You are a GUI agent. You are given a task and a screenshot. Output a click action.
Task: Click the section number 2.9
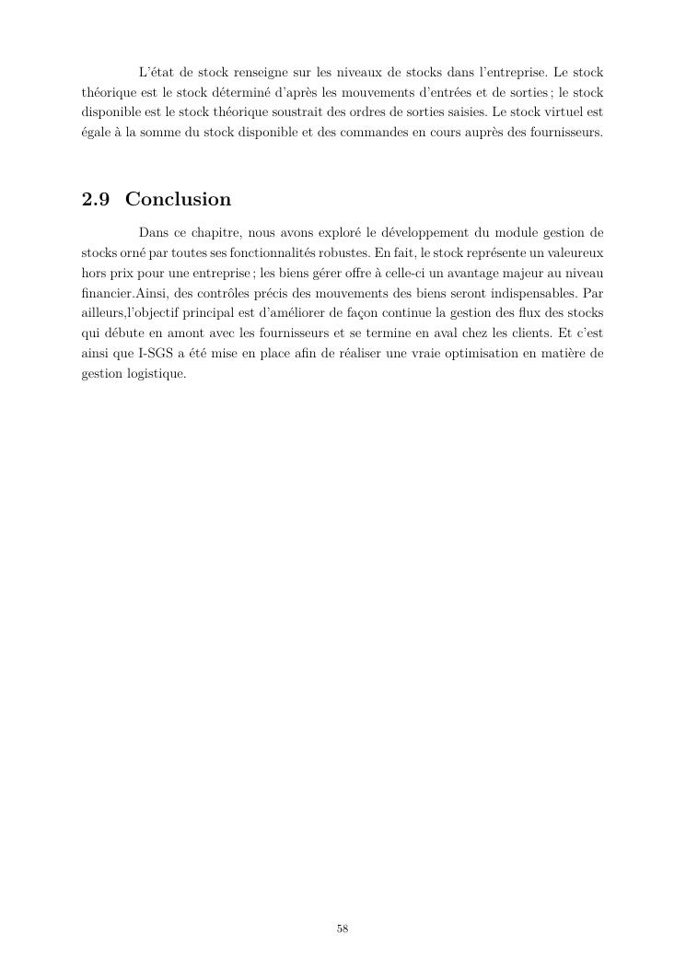pyautogui.click(x=96, y=200)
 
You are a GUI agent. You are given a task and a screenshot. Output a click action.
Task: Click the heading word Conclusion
pyautogui.click(x=178, y=200)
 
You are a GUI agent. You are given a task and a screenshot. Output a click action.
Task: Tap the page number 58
pyautogui.click(x=343, y=929)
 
